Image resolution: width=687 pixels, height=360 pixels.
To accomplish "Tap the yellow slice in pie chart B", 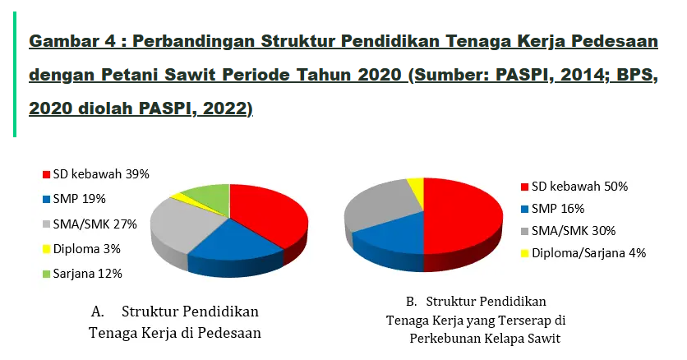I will pyautogui.click(x=416, y=190).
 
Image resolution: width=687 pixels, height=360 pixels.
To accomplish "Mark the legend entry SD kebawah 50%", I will pyautogui.click(x=572, y=187).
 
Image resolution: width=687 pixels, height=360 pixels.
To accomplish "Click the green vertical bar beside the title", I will pyautogui.click(x=13, y=75).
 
